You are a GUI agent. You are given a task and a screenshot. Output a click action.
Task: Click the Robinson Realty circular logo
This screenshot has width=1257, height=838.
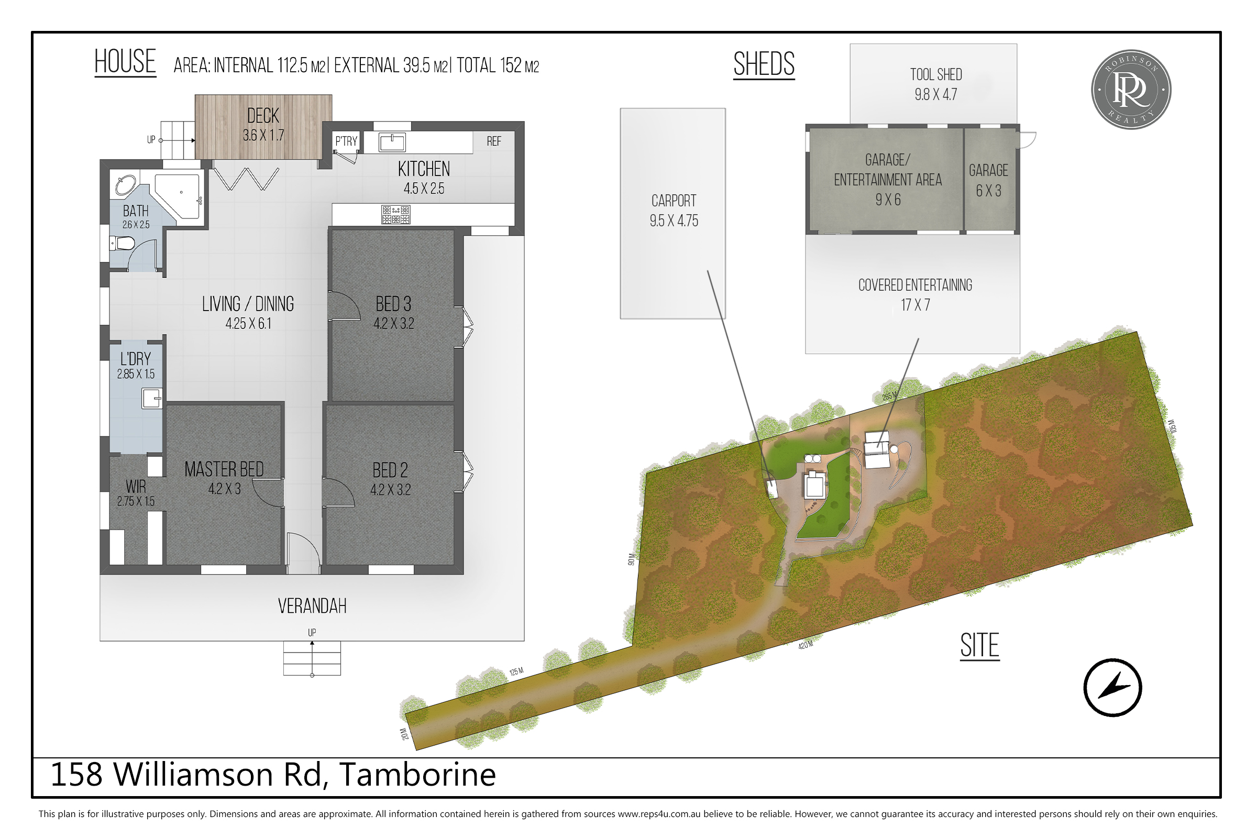click(1131, 90)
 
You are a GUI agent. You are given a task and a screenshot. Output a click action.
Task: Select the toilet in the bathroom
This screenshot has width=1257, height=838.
click(122, 244)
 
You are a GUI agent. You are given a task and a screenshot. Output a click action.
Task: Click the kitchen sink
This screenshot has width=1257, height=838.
click(392, 142)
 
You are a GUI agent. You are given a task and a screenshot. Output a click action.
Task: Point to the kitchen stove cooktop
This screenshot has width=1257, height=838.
click(396, 214)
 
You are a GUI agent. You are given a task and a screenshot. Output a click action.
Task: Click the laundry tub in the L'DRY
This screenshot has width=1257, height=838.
click(152, 399)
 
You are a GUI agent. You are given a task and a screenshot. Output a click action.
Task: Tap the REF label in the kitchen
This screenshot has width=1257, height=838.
click(494, 141)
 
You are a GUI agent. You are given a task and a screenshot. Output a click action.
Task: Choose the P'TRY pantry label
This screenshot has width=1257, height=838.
click(346, 141)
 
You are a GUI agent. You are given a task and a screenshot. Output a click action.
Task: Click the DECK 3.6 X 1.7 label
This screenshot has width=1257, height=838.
click(263, 125)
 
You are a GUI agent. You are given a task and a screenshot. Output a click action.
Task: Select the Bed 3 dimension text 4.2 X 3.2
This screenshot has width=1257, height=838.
click(394, 323)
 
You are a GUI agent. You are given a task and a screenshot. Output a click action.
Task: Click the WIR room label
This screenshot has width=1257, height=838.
click(136, 487)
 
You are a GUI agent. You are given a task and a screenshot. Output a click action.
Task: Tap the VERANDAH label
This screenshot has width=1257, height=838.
click(312, 606)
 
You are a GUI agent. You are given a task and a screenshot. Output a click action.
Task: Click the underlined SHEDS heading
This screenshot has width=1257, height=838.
click(764, 64)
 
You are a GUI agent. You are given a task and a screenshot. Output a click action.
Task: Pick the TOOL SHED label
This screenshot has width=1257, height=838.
click(936, 75)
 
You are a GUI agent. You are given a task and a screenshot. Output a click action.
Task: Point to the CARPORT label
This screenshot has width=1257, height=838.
click(674, 201)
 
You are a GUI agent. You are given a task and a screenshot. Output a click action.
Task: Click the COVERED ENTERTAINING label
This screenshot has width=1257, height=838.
click(916, 285)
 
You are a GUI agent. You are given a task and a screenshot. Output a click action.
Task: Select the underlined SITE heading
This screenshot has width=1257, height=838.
click(979, 646)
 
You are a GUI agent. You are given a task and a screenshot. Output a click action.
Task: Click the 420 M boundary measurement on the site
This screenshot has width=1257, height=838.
click(806, 645)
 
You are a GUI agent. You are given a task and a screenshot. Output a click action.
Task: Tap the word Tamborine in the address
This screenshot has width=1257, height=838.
click(418, 775)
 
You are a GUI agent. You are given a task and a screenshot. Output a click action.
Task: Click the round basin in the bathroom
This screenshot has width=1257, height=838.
click(126, 184)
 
